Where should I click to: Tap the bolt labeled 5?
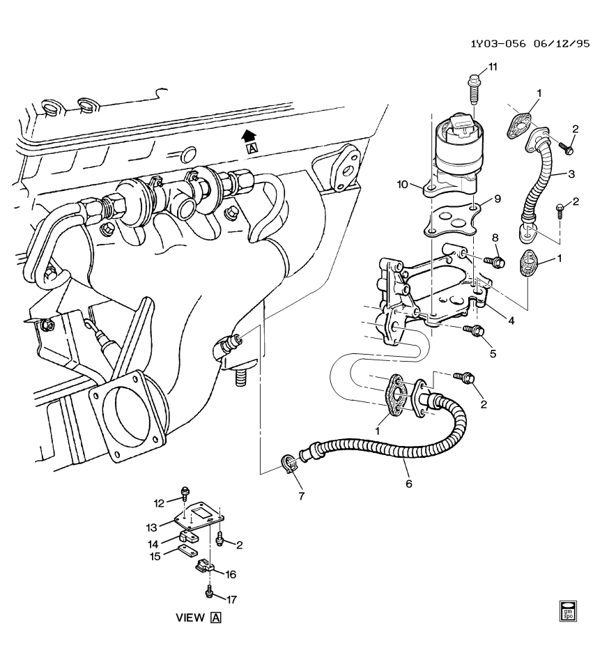[477, 330]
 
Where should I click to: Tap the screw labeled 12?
[185, 493]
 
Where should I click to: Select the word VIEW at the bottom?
[191, 617]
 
